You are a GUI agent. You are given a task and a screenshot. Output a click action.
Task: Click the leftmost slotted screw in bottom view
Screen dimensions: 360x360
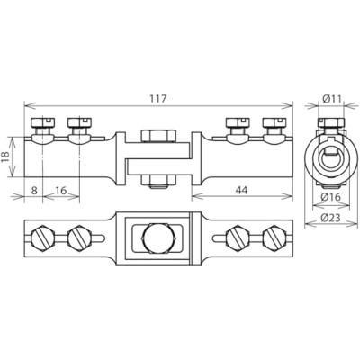point(45,240)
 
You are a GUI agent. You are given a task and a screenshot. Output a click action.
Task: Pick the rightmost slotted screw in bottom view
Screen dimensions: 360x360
point(273,240)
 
